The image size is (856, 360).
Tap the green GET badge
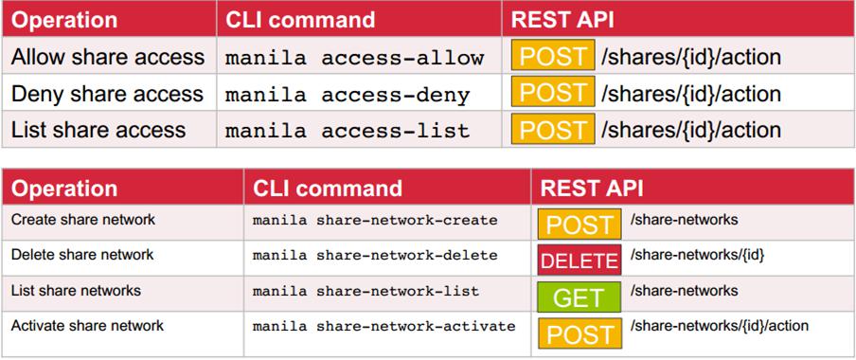[579, 297]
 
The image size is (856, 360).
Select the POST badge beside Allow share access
[553, 56]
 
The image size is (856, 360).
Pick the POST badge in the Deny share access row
[553, 93]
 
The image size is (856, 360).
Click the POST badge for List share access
[553, 129]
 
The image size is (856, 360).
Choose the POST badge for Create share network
[580, 225]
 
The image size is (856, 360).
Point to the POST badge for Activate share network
[580, 333]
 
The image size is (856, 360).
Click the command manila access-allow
[355, 57]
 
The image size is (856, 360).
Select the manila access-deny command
[348, 94]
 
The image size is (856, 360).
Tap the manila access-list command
[348, 130]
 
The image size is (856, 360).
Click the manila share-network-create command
[375, 220]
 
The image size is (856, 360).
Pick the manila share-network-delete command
[375, 255]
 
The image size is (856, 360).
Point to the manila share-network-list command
[366, 291]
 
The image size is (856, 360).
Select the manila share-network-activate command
[383, 326]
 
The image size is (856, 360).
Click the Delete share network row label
[82, 255]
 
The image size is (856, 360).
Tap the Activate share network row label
[87, 326]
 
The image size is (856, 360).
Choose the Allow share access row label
[108, 57]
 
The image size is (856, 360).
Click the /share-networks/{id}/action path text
[720, 326]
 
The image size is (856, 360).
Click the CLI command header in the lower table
[328, 188]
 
